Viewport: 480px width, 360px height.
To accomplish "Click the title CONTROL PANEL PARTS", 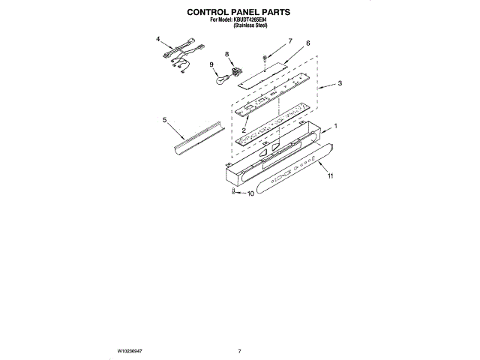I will click(x=238, y=13).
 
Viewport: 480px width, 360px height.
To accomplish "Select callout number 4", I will click(x=158, y=38).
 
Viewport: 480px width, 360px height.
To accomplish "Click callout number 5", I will click(x=164, y=119).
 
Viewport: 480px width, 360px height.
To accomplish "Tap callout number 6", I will click(x=307, y=43).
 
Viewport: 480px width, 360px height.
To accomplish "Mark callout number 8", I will click(x=227, y=54).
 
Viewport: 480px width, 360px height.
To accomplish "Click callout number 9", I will click(x=212, y=64).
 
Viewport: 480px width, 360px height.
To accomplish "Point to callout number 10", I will click(x=251, y=193).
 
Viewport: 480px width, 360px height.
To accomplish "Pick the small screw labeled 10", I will click(x=234, y=193).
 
